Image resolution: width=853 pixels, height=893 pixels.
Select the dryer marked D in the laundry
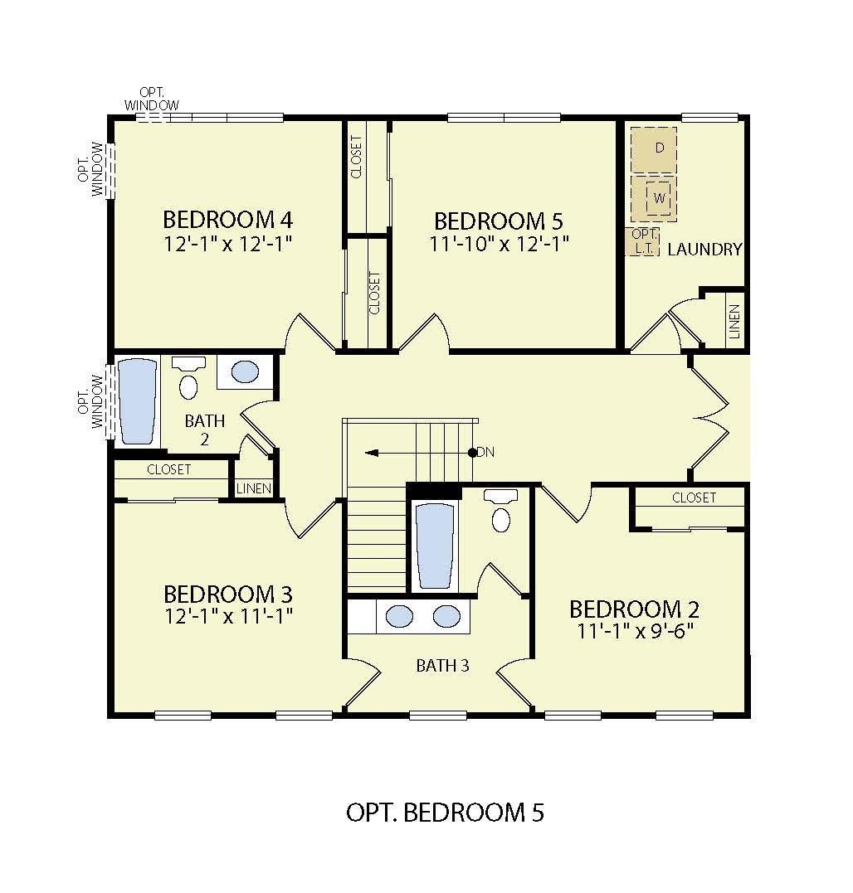[x=654, y=148]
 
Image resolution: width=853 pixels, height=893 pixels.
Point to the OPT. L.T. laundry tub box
[x=642, y=241]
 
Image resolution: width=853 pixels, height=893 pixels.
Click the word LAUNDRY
[x=704, y=249]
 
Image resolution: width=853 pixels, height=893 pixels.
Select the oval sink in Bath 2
[x=245, y=371]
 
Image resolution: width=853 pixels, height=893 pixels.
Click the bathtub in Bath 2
[x=136, y=401]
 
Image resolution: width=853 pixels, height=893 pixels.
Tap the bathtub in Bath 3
[x=435, y=545]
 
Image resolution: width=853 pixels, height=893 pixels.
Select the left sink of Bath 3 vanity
[x=400, y=616]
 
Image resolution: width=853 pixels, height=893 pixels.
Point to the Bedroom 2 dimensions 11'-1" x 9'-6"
[x=636, y=631]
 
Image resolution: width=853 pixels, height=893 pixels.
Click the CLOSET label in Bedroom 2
[x=694, y=497]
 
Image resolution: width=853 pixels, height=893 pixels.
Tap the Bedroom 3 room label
[x=227, y=595]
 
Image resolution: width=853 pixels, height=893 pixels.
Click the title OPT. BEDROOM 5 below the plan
[x=445, y=813]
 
